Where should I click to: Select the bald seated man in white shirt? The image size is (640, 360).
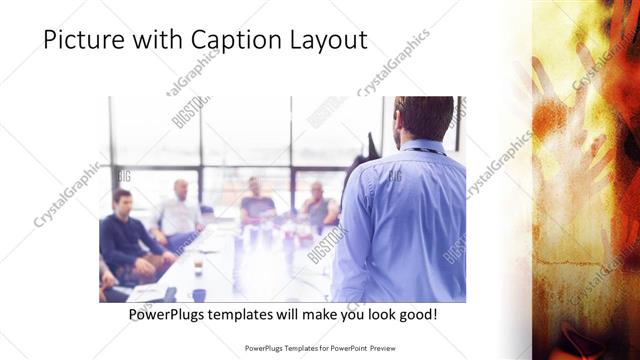179,211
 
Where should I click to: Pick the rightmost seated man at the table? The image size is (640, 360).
317,206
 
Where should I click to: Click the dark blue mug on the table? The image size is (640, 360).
199,295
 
